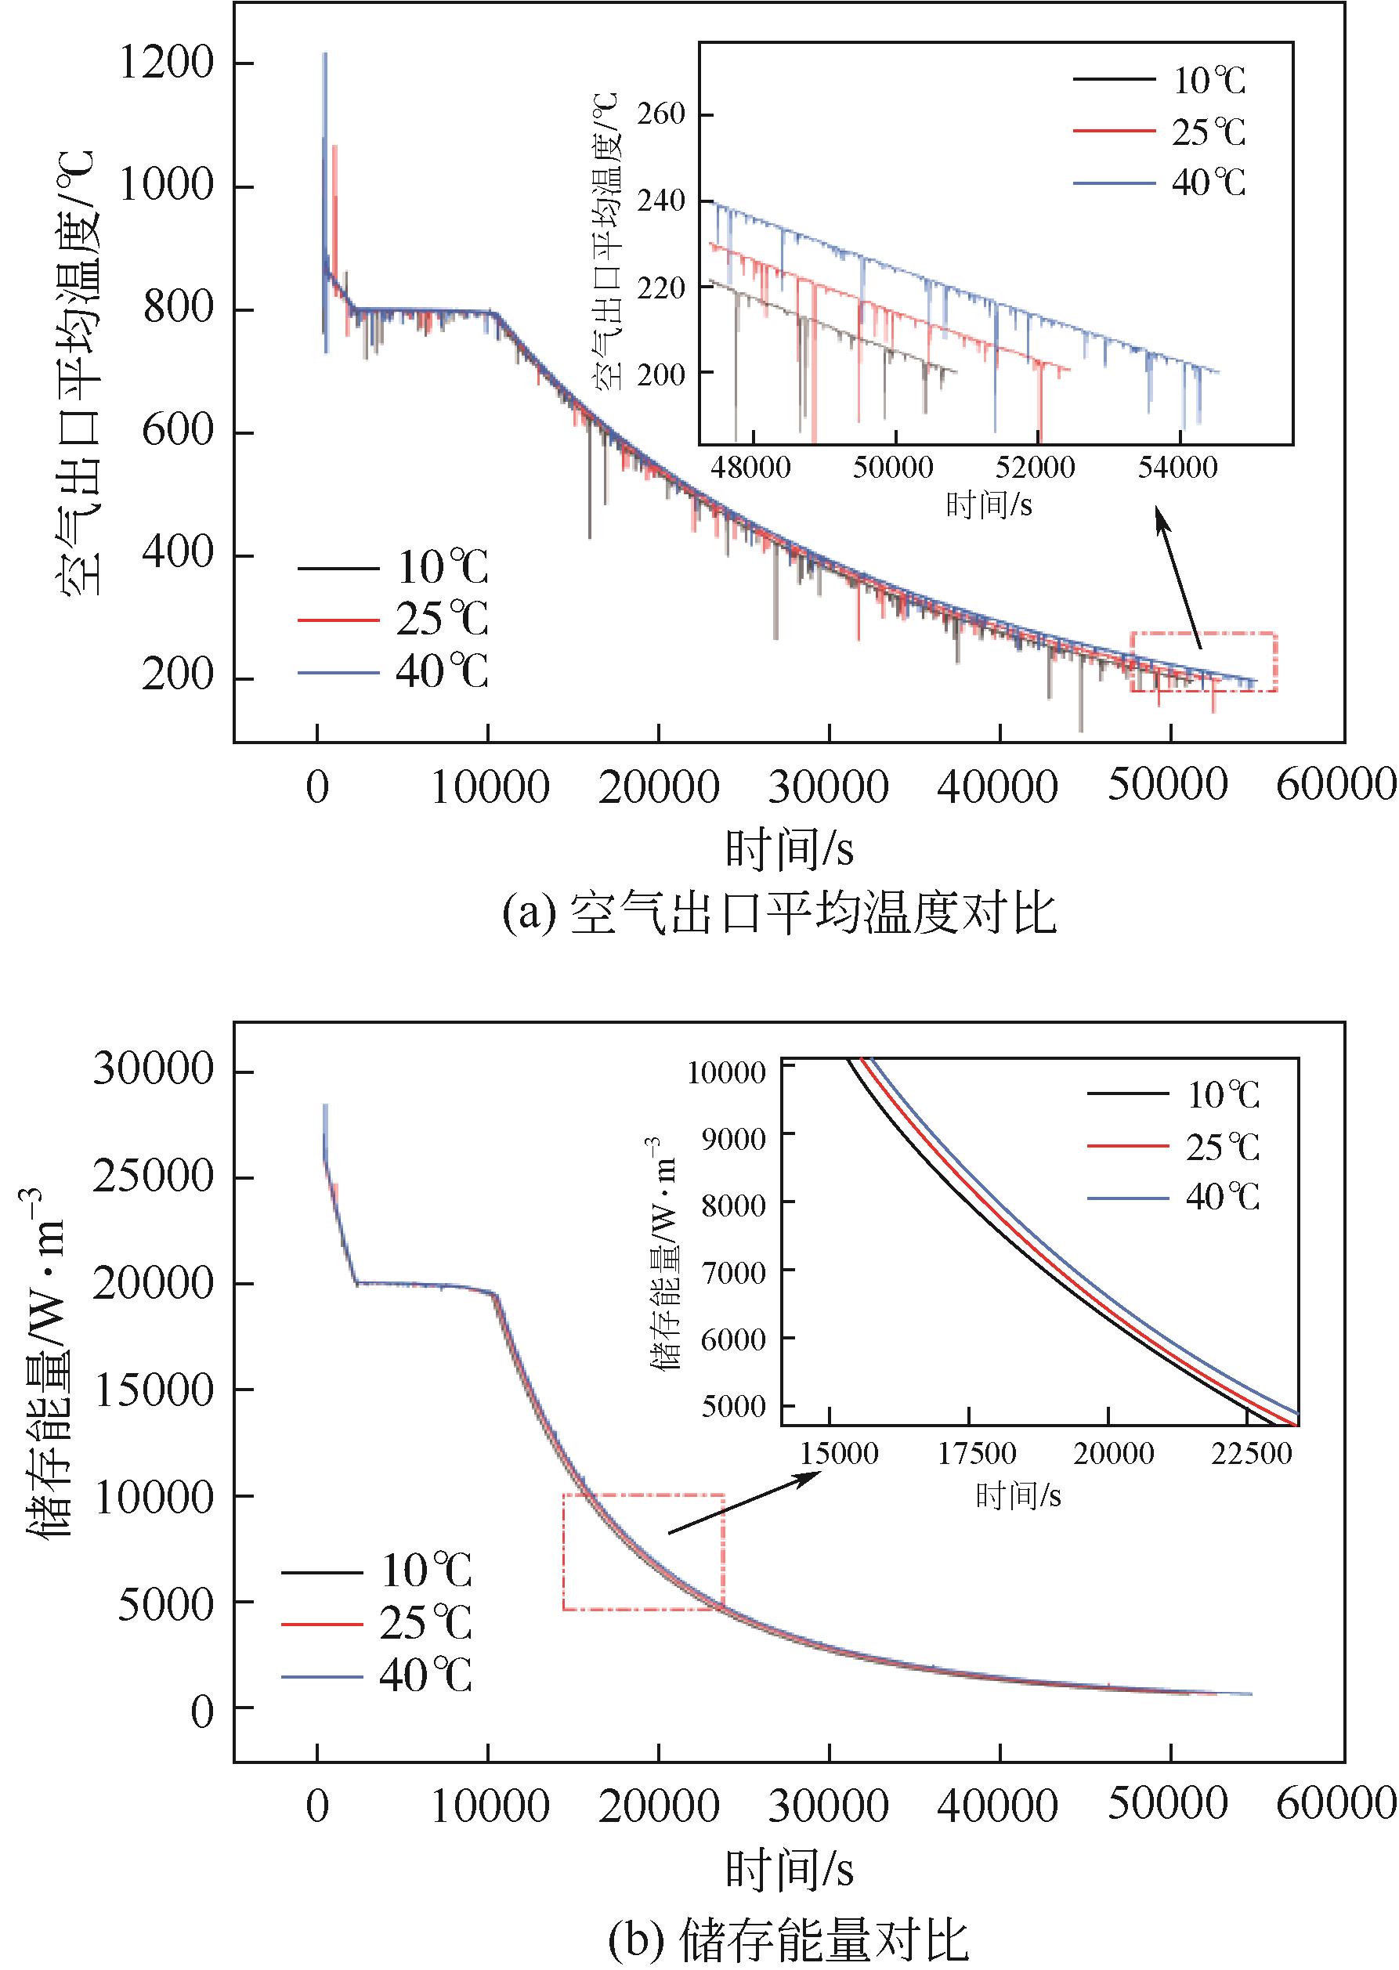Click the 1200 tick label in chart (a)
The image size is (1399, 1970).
166,63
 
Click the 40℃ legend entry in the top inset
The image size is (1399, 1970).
1159,183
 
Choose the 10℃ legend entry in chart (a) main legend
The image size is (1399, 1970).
392,569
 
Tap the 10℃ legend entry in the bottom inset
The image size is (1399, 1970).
1173,1095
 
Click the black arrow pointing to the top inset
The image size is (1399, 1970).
1177,577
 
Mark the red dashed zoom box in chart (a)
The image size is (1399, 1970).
1203,663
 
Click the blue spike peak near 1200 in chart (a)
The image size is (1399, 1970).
325,55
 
